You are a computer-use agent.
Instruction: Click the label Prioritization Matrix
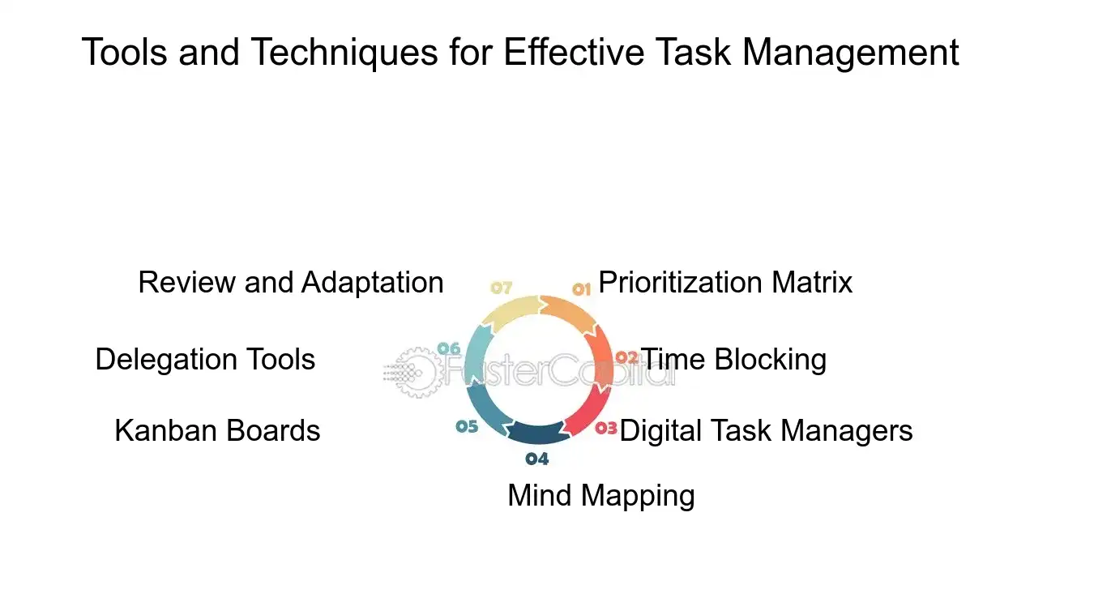point(725,283)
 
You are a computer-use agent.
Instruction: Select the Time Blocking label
point(733,359)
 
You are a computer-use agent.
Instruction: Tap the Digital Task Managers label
point(766,430)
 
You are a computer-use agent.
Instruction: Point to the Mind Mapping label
point(600,495)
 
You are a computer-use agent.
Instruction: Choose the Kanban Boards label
point(217,430)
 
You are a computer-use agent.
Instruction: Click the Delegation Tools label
point(205,359)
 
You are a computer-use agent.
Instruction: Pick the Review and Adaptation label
point(291,283)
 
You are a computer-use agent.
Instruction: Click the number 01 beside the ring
point(581,288)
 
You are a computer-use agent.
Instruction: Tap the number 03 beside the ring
point(606,429)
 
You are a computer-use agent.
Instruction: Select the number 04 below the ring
point(536,459)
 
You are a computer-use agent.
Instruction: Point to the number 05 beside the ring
point(467,426)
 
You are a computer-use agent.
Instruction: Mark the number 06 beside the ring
point(448,348)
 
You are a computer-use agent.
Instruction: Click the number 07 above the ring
point(502,288)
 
